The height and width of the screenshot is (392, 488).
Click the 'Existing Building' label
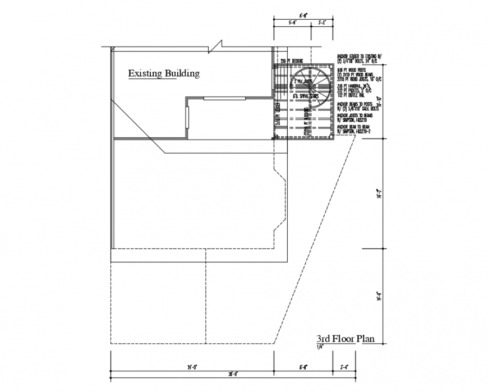coord(164,73)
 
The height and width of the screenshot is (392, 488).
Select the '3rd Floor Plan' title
coord(345,339)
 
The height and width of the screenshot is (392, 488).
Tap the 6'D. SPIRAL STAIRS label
coord(306,96)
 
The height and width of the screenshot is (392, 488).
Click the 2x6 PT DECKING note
coord(292,61)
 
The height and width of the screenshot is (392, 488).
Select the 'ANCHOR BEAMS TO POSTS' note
coord(358,106)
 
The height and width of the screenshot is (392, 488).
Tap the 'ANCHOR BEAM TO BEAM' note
coord(356,128)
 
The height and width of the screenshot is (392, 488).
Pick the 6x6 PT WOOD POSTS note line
coord(349,70)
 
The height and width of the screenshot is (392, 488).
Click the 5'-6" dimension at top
coord(292,24)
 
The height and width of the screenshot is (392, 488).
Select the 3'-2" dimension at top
coord(322,24)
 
